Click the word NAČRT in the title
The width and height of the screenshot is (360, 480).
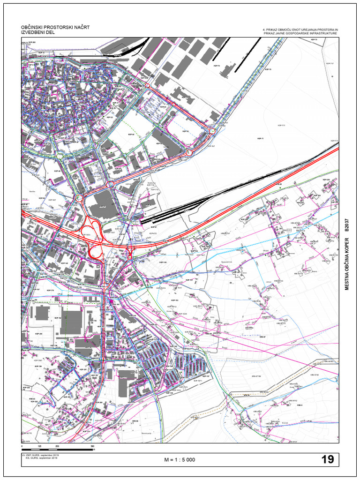(x=79, y=28)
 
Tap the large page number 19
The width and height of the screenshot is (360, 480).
(x=328, y=459)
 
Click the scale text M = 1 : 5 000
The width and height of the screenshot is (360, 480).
(x=180, y=460)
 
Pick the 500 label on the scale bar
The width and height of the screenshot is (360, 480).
(x=93, y=446)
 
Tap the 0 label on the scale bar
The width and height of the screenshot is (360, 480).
(x=22, y=446)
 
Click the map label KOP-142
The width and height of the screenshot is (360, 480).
(x=64, y=263)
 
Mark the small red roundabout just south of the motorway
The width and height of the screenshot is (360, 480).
(x=130, y=257)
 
